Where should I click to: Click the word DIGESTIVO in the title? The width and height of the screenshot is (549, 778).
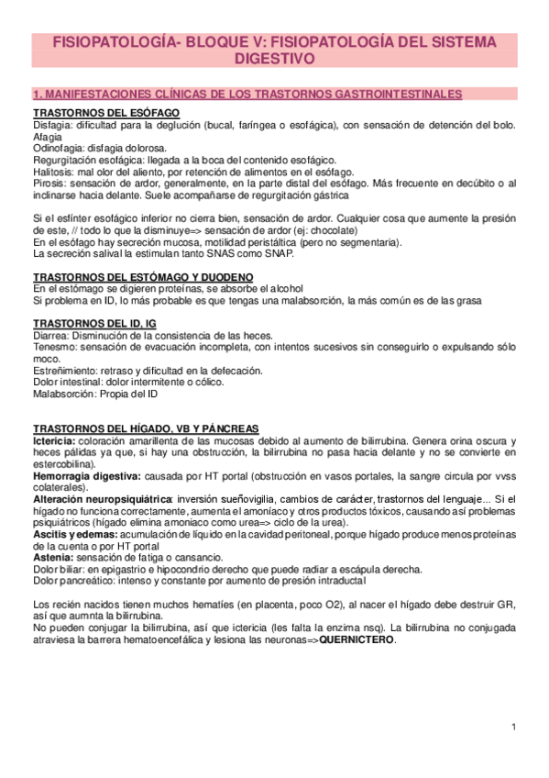click(x=274, y=59)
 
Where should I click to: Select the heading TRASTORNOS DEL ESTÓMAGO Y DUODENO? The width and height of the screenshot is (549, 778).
click(x=143, y=277)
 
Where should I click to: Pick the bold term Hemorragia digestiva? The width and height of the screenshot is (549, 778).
click(x=87, y=477)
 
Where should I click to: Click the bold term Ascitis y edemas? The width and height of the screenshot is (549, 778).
click(x=82, y=535)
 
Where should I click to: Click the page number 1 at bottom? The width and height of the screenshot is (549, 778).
click(x=515, y=728)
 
